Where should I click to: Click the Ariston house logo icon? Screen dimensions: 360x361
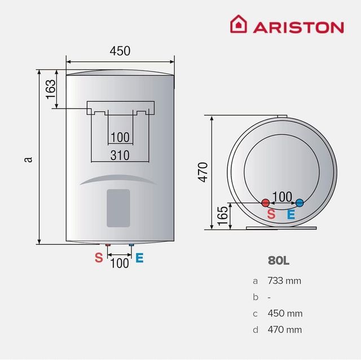(x=238, y=25)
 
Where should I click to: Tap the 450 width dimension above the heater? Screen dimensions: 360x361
(x=120, y=51)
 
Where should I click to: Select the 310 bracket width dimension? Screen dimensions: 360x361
(x=120, y=155)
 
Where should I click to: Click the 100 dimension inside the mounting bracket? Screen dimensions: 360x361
(x=120, y=137)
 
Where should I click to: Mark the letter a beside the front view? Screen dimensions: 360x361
(x=28, y=159)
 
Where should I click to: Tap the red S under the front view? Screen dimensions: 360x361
(x=99, y=258)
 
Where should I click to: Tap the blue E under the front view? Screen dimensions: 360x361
(x=139, y=258)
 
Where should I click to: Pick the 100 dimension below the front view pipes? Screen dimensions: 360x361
(x=119, y=262)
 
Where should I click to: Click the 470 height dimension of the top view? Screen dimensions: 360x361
(x=203, y=172)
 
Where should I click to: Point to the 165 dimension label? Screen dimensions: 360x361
(x=222, y=216)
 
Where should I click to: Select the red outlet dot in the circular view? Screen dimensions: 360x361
(x=265, y=203)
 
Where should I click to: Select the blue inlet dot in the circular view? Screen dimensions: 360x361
(x=300, y=203)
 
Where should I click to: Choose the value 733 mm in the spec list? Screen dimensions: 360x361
(x=285, y=280)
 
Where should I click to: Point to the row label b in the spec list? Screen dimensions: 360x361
(x=256, y=297)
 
